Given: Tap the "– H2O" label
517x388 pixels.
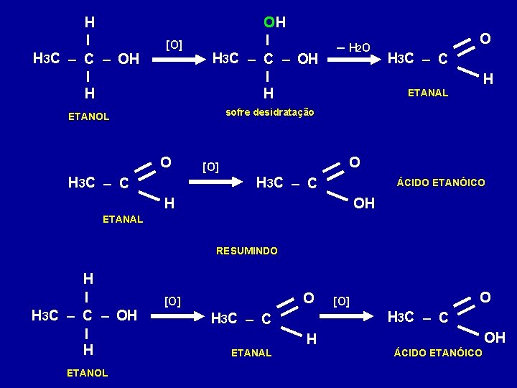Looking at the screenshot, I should coord(354,48).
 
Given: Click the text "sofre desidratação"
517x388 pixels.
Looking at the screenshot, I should coord(269,112).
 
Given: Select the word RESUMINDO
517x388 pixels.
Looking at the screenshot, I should coord(247,251).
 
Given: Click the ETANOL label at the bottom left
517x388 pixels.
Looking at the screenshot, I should coord(87,373).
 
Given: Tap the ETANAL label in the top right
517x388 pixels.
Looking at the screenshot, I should coord(427,92).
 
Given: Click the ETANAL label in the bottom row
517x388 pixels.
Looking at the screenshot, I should coord(251,353).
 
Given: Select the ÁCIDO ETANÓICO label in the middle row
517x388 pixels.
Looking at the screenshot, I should coord(441,183).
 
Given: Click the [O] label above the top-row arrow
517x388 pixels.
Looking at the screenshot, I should coord(174,45).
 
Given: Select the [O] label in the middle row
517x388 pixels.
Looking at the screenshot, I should coord(210,167).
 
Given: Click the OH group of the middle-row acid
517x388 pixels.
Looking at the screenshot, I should coord(364,203).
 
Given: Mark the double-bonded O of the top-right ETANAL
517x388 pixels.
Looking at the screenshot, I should coord(485,37).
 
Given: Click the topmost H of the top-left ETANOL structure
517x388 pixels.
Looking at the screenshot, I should coord(88,22).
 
